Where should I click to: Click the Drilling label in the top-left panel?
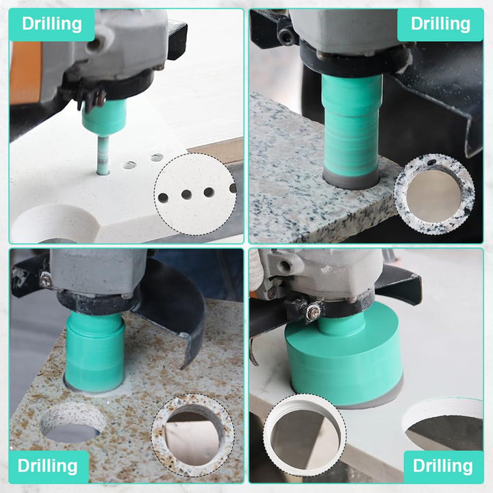(52, 24)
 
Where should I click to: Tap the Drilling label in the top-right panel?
(440, 24)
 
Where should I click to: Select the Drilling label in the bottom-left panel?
(47, 466)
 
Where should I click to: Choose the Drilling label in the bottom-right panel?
(443, 466)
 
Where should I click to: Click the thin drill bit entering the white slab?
(103, 155)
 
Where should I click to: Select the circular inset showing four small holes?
(195, 194)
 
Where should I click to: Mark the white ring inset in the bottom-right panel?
(305, 435)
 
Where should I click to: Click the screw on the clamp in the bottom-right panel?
(314, 312)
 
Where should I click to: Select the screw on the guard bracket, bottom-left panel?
(47, 281)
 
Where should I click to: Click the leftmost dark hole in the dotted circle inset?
(163, 198)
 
